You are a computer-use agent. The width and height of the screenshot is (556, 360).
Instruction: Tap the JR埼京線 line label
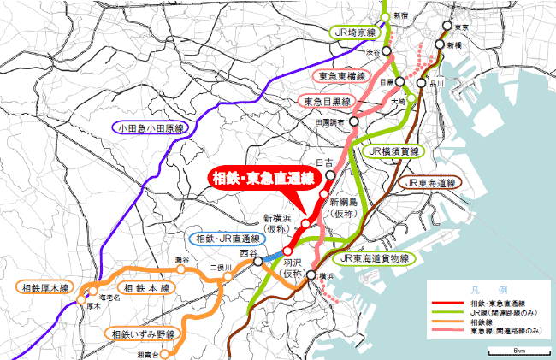coord(356,32)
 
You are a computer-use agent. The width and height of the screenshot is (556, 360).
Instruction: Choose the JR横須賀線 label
coord(393,151)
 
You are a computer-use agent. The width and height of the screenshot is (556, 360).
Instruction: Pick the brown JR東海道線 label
coord(429,182)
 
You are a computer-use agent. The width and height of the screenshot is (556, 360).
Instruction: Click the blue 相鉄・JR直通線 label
coord(223,239)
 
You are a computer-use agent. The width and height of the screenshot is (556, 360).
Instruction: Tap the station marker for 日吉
coord(329,173)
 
